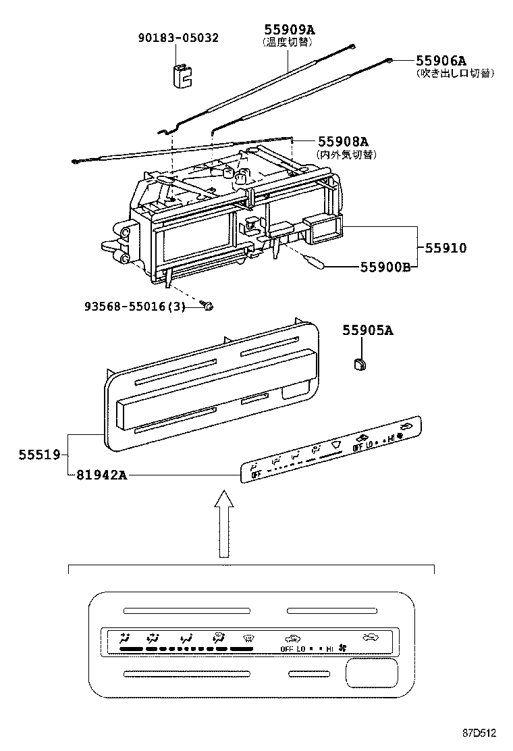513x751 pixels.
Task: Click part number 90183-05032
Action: [179, 38]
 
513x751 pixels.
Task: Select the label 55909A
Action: [290, 29]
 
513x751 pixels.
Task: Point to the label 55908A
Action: [343, 141]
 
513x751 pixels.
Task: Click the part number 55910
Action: [445, 248]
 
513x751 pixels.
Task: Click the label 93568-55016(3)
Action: [136, 306]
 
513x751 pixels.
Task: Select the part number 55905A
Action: [367, 330]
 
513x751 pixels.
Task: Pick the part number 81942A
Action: [99, 475]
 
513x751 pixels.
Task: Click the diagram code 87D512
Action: [479, 733]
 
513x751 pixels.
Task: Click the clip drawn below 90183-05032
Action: [179, 76]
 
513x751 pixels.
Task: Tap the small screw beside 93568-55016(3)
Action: [209, 307]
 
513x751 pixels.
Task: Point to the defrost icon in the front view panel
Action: [250, 637]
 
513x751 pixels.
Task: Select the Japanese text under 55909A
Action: [289, 41]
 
